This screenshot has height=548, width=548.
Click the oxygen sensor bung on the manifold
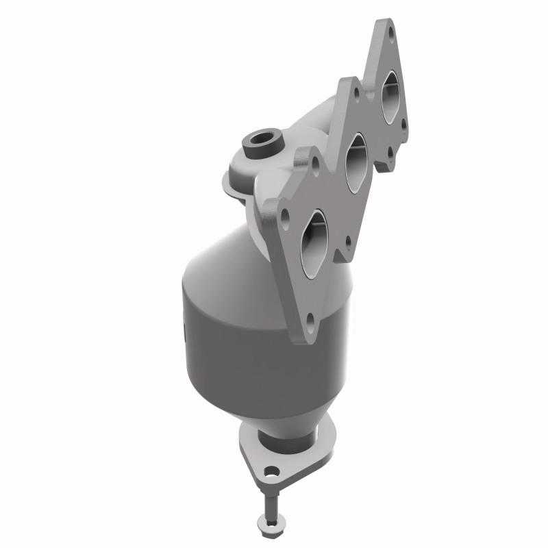pos(261,142)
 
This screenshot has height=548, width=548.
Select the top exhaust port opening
pos(390,97)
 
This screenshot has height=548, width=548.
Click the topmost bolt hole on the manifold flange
pos(391,32)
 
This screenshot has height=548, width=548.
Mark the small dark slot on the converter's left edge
pos(186,335)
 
